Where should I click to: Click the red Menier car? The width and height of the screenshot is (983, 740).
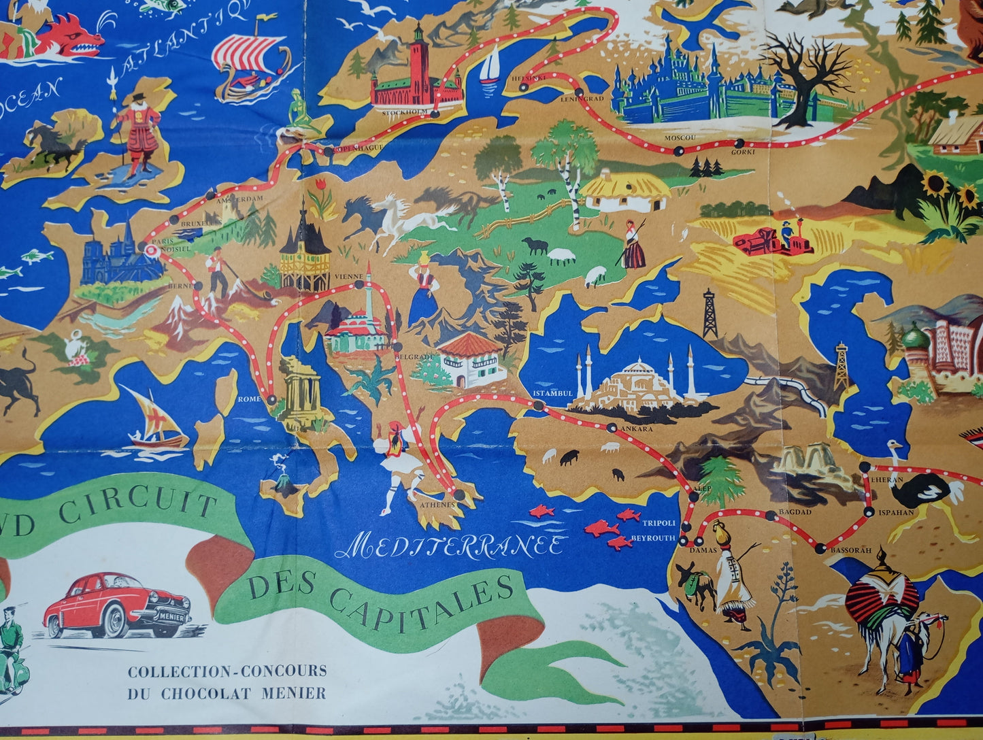click(x=116, y=605)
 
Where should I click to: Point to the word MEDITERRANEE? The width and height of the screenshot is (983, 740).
click(x=460, y=545)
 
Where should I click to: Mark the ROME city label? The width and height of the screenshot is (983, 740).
click(x=250, y=399)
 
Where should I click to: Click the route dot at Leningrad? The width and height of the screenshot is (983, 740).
click(x=578, y=92)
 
